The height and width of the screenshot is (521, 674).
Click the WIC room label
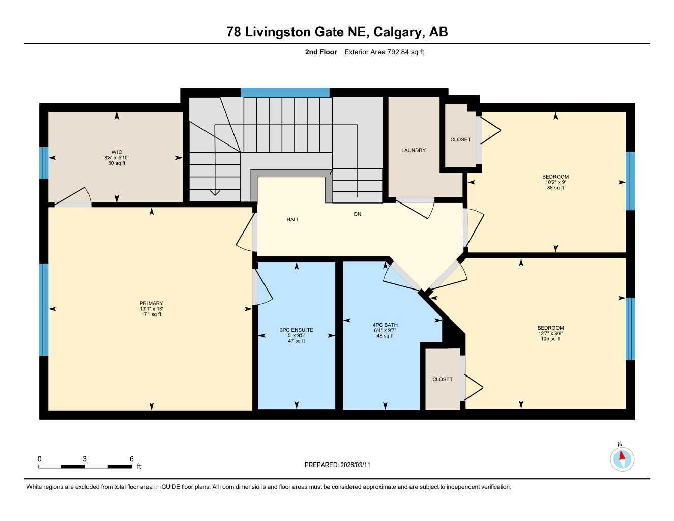pyautogui.click(x=117, y=152)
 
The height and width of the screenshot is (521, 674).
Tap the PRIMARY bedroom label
pyautogui.click(x=152, y=303)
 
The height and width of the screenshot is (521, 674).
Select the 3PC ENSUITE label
pyautogui.click(x=297, y=330)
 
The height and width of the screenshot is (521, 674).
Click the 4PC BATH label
pyautogui.click(x=385, y=325)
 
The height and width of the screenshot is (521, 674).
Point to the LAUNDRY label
pyautogui.click(x=414, y=150)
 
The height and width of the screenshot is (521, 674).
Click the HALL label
pyautogui.click(x=293, y=219)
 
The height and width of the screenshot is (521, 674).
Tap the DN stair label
pyautogui.click(x=358, y=214)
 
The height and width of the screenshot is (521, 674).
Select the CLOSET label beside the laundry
pyautogui.click(x=460, y=139)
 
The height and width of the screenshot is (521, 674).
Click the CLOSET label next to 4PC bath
pyautogui.click(x=443, y=379)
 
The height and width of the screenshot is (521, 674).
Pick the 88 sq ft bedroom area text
pyautogui.click(x=555, y=188)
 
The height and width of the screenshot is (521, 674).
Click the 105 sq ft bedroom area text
pyautogui.click(x=550, y=339)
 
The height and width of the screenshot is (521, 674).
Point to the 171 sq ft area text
pyautogui.click(x=152, y=314)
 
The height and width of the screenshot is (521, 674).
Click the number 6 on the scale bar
pyautogui.click(x=131, y=459)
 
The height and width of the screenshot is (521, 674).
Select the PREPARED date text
pyautogui.click(x=337, y=465)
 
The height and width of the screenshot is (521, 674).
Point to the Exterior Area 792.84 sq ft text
pyautogui.click(x=384, y=52)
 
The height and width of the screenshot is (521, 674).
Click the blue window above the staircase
pyautogui.click(x=285, y=93)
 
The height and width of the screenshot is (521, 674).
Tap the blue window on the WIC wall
pyautogui.click(x=44, y=163)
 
